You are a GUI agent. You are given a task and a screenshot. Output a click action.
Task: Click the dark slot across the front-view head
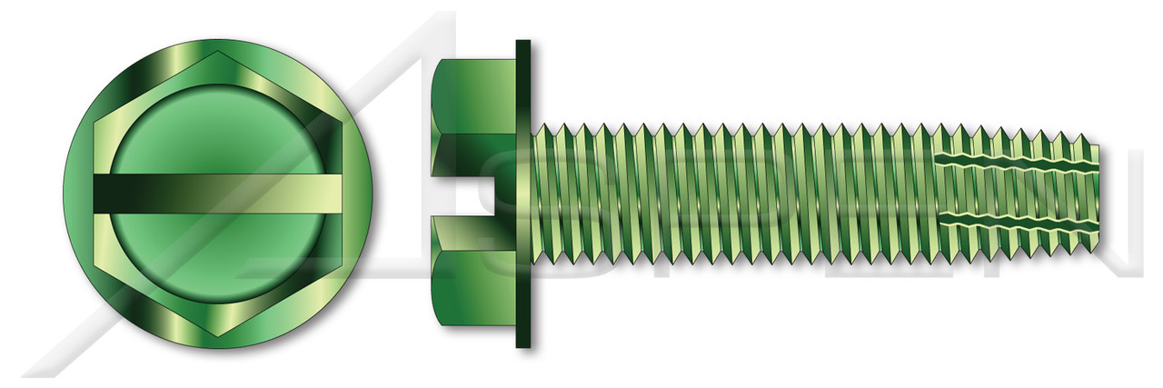(218, 194)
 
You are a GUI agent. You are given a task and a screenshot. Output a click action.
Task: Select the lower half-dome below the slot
(218, 259)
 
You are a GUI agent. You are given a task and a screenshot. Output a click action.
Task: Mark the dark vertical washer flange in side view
(523, 194)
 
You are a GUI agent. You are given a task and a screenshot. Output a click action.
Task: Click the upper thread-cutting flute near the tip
(1018, 164)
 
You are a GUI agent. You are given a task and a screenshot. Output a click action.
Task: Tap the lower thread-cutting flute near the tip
(1018, 222)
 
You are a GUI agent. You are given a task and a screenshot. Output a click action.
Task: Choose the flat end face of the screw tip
(1096, 194)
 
